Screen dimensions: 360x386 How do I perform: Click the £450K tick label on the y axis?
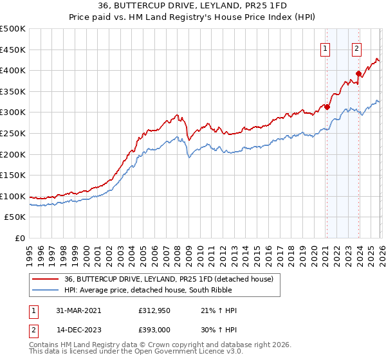pyautogui.click(x=13, y=50)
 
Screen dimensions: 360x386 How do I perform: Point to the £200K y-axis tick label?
pyautogui.click(x=13, y=154)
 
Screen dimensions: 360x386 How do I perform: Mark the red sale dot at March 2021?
pyautogui.click(x=327, y=107)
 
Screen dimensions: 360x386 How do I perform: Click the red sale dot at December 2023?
pyautogui.click(x=358, y=73)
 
